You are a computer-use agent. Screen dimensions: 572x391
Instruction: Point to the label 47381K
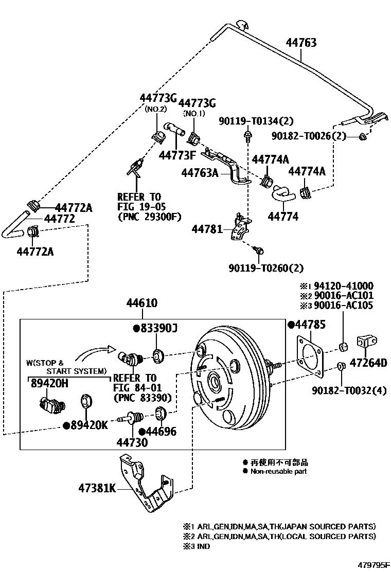point(97,488)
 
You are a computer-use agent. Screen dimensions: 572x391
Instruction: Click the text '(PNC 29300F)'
point(149,217)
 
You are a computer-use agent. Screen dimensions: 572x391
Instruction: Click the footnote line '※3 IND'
point(197,546)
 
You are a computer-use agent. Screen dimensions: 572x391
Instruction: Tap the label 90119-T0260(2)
point(265,268)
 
